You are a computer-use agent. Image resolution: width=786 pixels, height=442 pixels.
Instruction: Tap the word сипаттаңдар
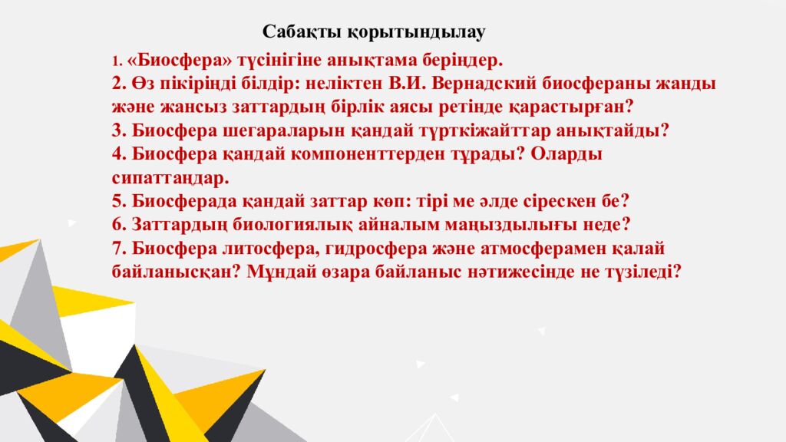170,178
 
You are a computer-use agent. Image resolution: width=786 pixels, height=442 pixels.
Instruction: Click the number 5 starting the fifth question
117,202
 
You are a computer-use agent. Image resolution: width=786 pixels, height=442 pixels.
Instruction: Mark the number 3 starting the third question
117,130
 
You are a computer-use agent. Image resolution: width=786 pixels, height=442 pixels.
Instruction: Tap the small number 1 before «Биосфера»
116,61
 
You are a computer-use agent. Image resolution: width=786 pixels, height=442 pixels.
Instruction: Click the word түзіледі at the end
642,272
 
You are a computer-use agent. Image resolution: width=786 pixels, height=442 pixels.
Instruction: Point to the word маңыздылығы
523,225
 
